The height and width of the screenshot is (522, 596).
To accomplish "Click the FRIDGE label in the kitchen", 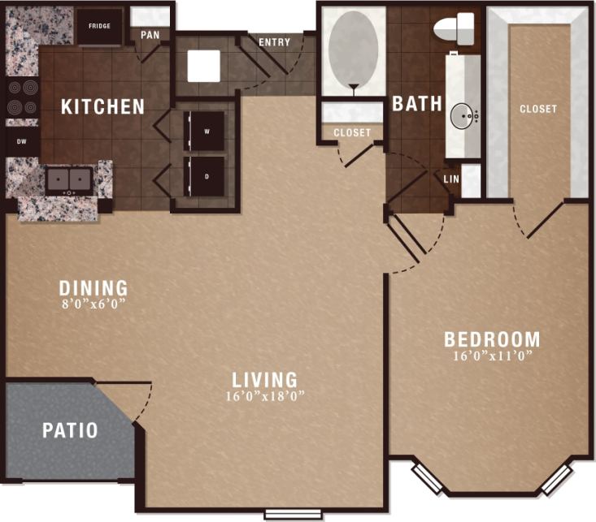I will (x=100, y=26).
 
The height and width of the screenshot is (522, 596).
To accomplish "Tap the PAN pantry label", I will (x=150, y=35).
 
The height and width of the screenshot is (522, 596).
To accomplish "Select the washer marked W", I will (x=207, y=131).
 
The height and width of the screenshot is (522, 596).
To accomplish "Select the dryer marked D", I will (x=207, y=175).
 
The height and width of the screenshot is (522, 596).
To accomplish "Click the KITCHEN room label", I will (x=103, y=106).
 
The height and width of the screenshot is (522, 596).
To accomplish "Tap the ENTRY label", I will (x=275, y=42).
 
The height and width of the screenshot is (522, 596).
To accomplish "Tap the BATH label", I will (x=417, y=104).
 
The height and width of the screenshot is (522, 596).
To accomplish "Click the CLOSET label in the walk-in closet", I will (x=538, y=109).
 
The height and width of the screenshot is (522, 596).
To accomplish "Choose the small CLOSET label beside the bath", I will (x=352, y=132).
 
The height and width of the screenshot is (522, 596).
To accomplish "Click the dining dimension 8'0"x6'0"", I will (x=94, y=305).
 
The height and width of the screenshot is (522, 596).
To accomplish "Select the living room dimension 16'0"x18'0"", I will (x=264, y=397).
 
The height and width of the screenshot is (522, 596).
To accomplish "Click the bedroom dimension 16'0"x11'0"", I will (x=491, y=356).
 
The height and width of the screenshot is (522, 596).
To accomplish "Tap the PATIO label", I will (x=70, y=430).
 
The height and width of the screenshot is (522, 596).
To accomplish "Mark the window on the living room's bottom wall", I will (x=292, y=513).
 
